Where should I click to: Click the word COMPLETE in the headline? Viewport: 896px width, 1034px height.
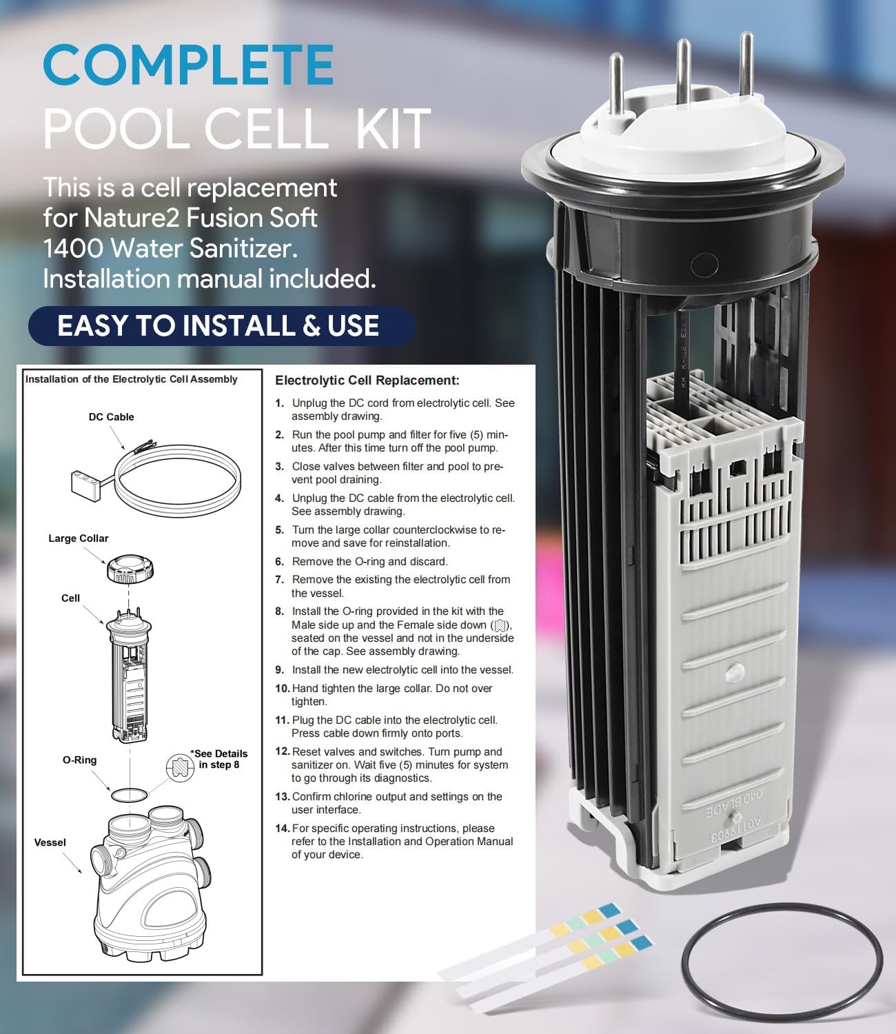(188, 65)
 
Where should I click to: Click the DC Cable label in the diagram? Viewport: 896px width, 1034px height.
(111, 417)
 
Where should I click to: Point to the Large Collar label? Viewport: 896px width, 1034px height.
(78, 538)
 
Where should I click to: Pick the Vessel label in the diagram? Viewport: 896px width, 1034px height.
(50, 842)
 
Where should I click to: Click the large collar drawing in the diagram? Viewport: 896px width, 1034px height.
(130, 567)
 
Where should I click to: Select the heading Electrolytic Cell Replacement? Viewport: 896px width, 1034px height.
(367, 381)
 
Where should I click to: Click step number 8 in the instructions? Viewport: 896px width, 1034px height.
(279, 611)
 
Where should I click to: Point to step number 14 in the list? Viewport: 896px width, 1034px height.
(282, 829)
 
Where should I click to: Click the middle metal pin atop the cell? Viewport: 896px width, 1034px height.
(683, 76)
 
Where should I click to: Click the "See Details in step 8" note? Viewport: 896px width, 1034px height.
(218, 759)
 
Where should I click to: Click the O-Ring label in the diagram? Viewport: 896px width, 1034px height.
(79, 760)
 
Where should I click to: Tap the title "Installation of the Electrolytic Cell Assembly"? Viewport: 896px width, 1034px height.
(131, 379)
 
